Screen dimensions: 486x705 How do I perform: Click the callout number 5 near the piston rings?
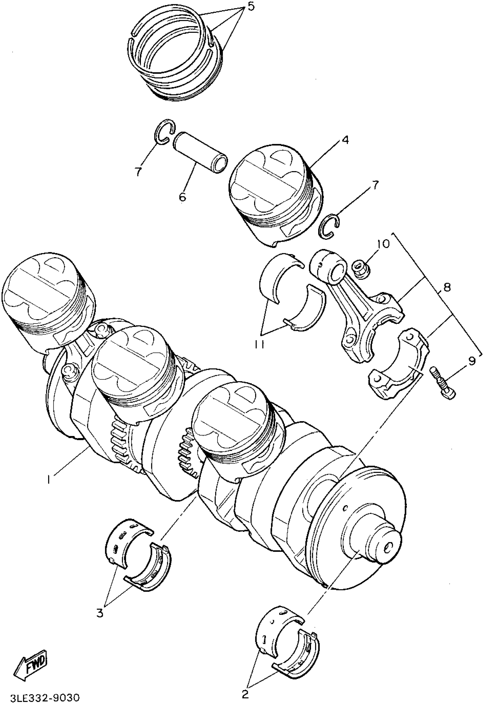pos(251,6)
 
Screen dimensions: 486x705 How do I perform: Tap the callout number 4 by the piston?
pos(345,140)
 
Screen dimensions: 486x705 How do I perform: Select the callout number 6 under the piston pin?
pos(182,197)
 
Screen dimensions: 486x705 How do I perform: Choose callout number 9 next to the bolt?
pos(471,361)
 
